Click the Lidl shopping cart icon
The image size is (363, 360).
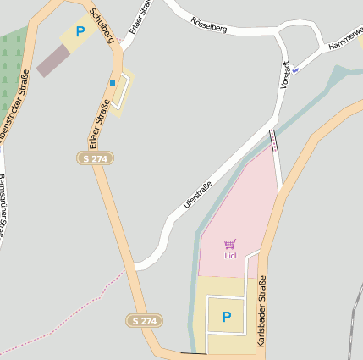pos(230,244)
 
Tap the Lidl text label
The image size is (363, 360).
pos(230,255)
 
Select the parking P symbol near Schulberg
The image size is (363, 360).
pos(80,32)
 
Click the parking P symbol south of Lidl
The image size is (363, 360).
pos(226,317)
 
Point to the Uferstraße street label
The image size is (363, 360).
pos(197,192)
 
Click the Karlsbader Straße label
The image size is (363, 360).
pos(261,314)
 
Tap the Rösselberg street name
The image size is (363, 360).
pos(209,23)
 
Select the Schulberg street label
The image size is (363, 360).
pos(102,25)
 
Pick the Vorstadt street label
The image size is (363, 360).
pos(285,75)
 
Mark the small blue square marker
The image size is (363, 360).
pos(112,82)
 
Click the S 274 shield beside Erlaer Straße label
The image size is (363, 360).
pos(95,158)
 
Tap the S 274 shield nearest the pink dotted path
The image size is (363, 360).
pos(146,320)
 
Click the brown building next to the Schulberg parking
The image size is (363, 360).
pos(53,60)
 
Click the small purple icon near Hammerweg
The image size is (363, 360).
pos(295,69)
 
